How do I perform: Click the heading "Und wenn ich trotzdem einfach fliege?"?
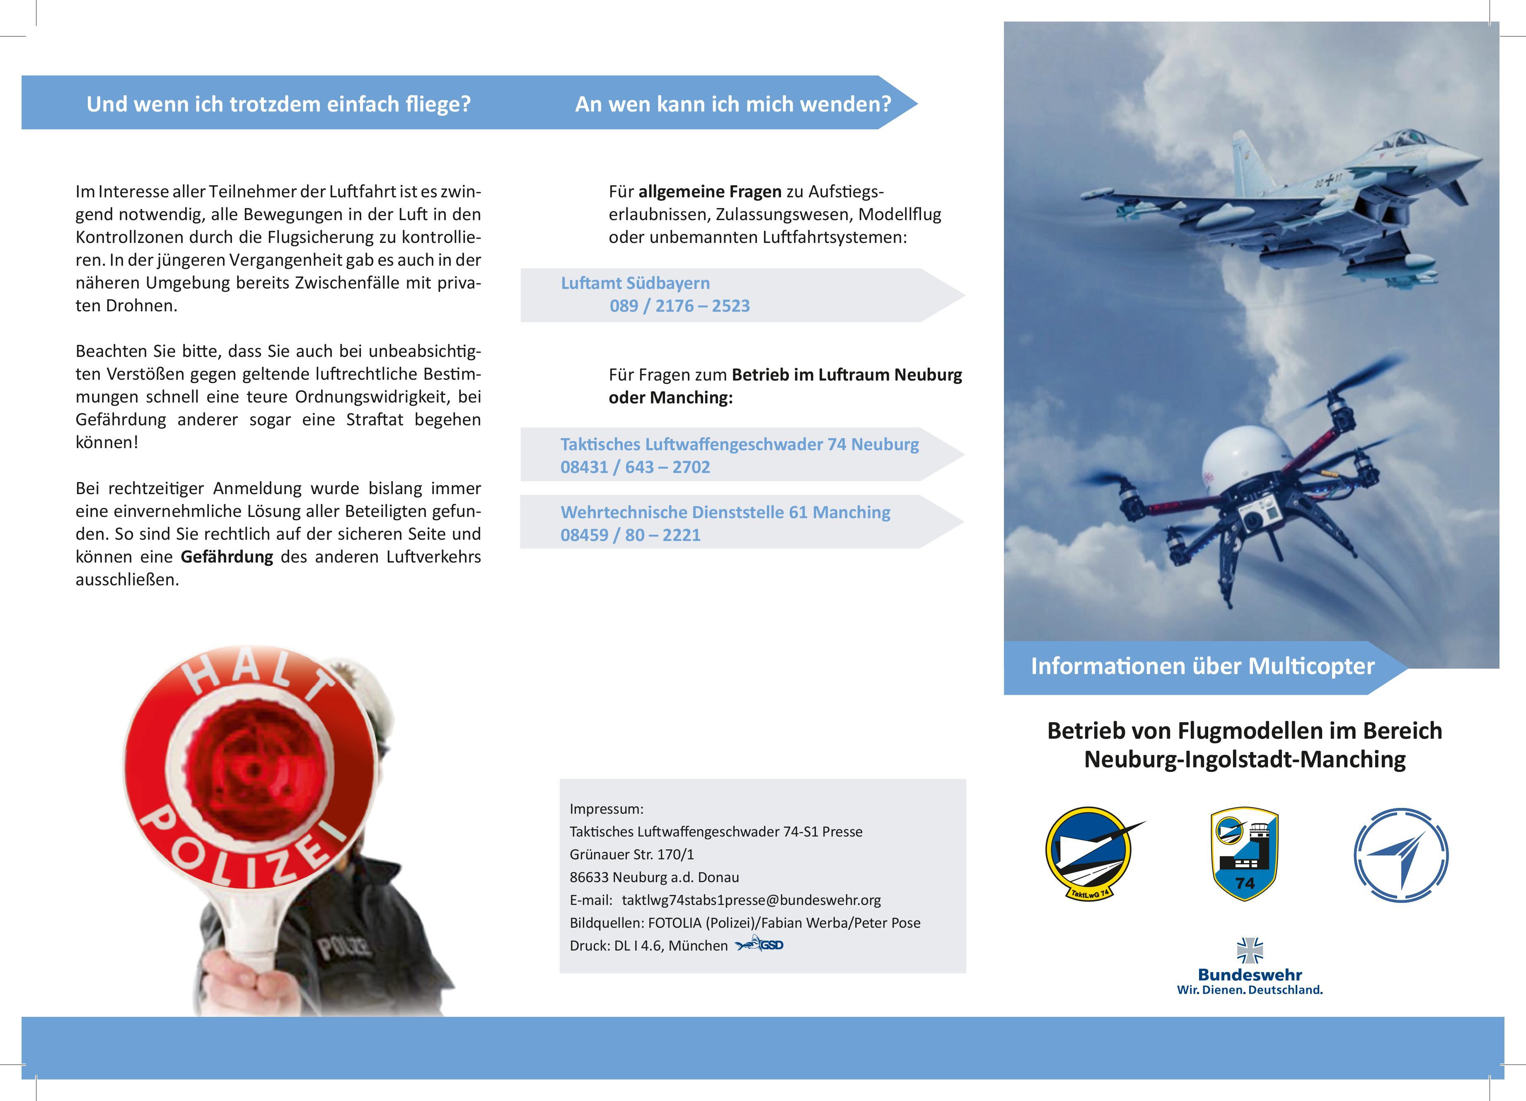pos(278,104)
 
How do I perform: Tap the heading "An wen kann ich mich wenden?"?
pos(733,104)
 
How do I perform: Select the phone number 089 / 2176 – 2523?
pos(680,306)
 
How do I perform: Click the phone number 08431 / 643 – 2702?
pos(635,467)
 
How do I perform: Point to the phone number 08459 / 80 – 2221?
pos(631,535)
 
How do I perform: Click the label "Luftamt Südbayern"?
pos(635,283)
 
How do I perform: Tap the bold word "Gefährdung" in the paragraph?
pos(227,557)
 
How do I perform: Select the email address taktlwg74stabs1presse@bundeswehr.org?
pos(751,900)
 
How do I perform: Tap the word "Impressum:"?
pos(606,809)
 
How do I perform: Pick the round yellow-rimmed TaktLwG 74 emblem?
pos(1088,854)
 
